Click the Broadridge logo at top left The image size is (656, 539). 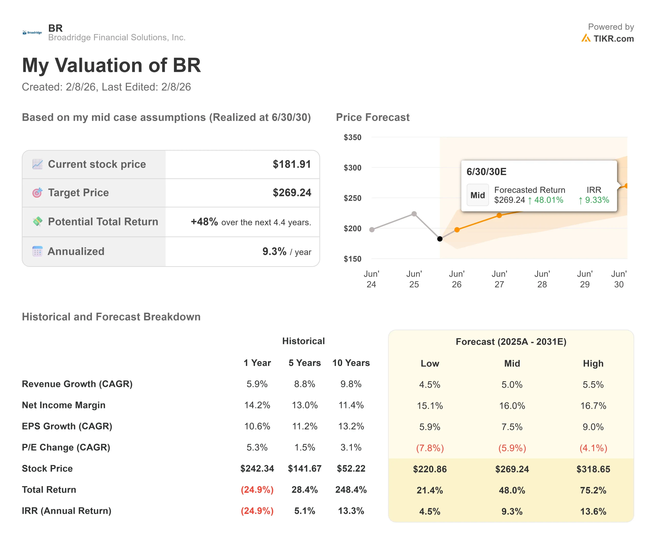(x=32, y=33)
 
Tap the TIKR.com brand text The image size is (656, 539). (x=613, y=39)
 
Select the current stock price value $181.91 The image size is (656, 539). (x=291, y=164)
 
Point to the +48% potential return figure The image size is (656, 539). (x=204, y=222)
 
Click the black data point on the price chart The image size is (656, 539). (x=440, y=239)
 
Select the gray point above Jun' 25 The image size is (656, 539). (x=414, y=214)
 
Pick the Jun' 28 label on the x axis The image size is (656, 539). (x=542, y=279)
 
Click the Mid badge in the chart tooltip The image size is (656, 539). (x=477, y=195)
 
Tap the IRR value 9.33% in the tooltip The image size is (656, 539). (x=596, y=200)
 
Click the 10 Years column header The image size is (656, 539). (x=351, y=363)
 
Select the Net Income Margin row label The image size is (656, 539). (x=64, y=405)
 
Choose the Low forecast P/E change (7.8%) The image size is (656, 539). (x=430, y=448)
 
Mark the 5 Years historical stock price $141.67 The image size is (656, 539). (x=304, y=468)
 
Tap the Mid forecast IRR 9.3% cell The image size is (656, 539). (x=512, y=511)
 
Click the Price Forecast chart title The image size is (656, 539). (x=372, y=117)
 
